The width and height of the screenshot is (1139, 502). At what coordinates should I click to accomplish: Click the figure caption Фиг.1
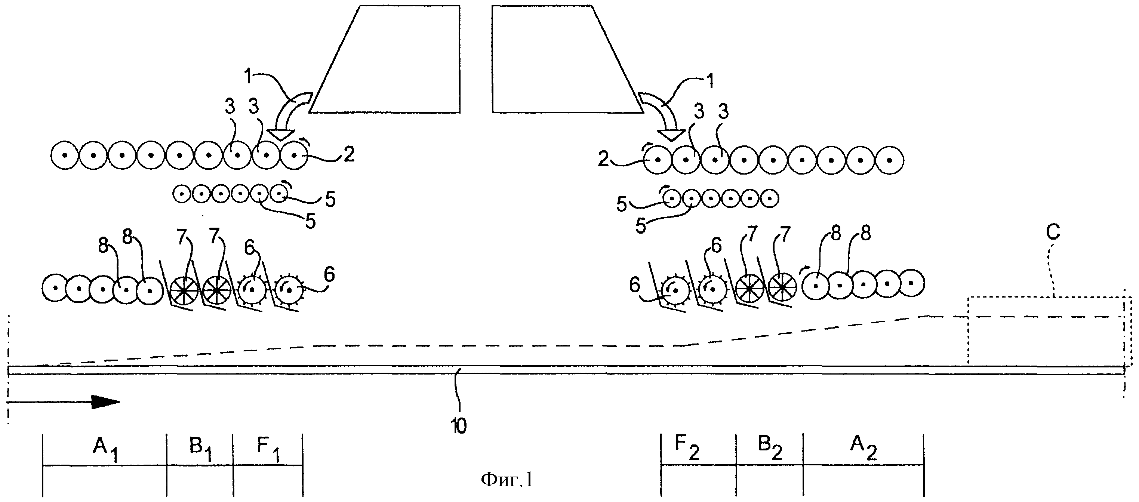pyautogui.click(x=507, y=480)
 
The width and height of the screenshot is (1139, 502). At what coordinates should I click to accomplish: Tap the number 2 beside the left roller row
pyautogui.click(x=349, y=154)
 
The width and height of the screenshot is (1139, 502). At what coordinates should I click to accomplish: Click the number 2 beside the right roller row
pyautogui.click(x=604, y=159)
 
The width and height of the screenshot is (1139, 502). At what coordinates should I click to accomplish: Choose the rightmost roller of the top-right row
pyautogui.click(x=890, y=160)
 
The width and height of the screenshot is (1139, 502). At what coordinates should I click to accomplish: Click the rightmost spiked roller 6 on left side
pyautogui.click(x=289, y=290)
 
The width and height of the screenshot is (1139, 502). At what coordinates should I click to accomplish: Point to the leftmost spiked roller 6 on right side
pyautogui.click(x=675, y=290)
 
